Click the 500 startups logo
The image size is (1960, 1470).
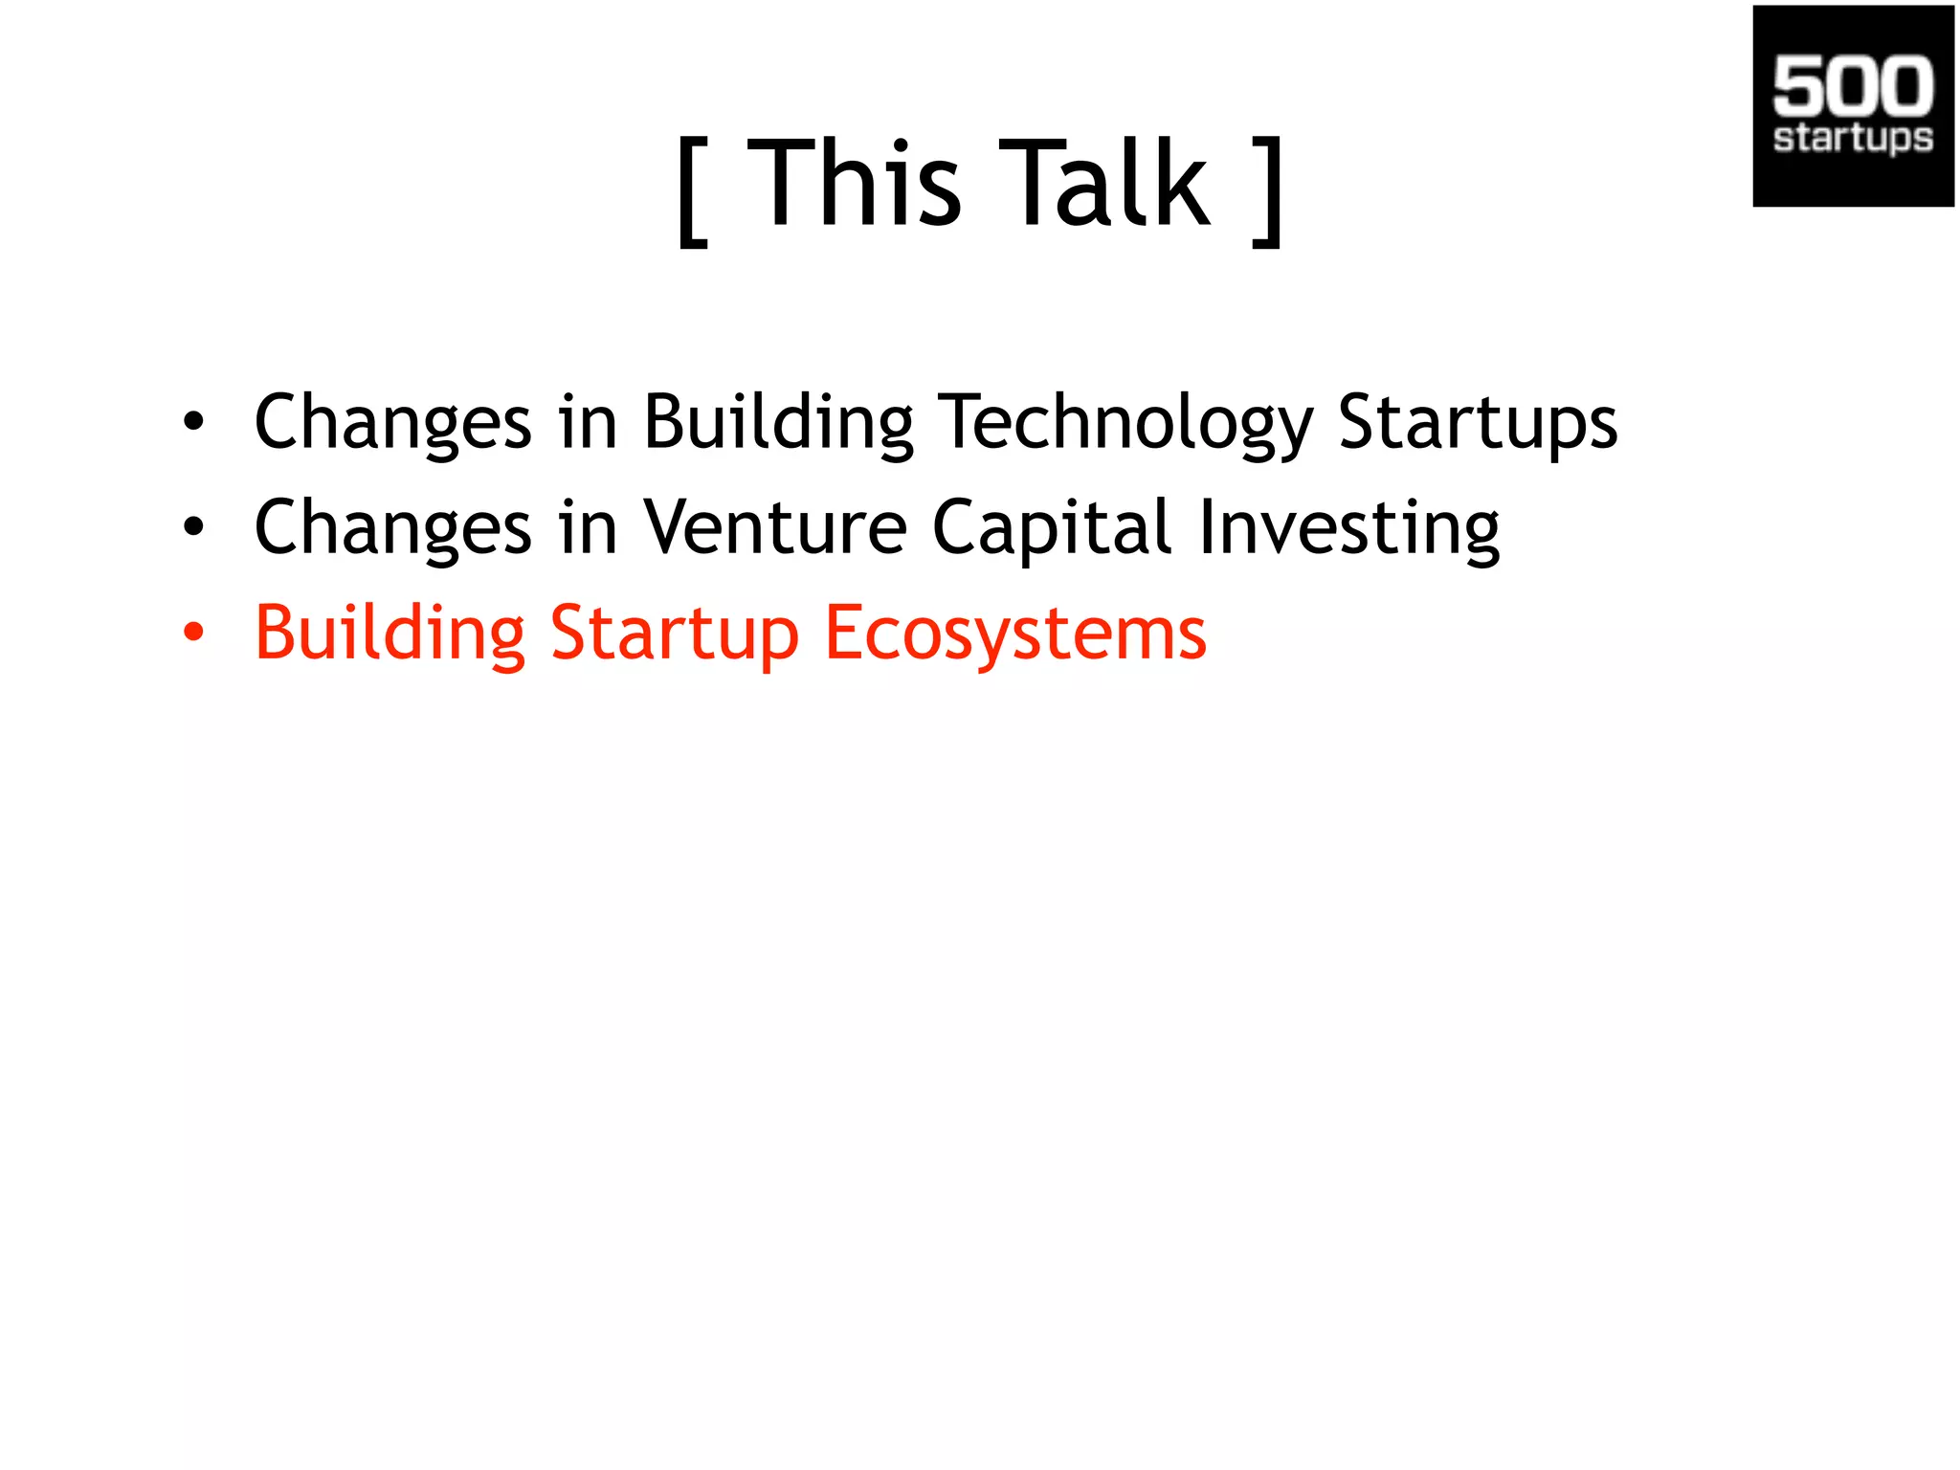click(x=1853, y=105)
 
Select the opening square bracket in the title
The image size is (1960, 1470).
click(x=692, y=191)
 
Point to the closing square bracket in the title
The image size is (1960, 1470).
click(x=1268, y=191)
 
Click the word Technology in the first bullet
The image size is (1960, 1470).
click(x=1125, y=422)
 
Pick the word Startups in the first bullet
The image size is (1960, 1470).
click(x=1477, y=422)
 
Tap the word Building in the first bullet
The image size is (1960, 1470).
click(x=778, y=422)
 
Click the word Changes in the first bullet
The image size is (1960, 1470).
click(x=392, y=422)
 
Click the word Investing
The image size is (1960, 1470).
click(x=1348, y=528)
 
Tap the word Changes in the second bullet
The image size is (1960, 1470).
click(x=392, y=527)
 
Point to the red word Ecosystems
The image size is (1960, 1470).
click(x=1015, y=634)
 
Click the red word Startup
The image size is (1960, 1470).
click(x=674, y=634)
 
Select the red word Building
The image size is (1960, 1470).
click(x=390, y=634)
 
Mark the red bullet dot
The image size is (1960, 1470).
click(x=194, y=632)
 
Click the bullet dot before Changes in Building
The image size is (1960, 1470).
click(x=194, y=421)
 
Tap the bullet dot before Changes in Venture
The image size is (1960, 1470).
click(x=194, y=526)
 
